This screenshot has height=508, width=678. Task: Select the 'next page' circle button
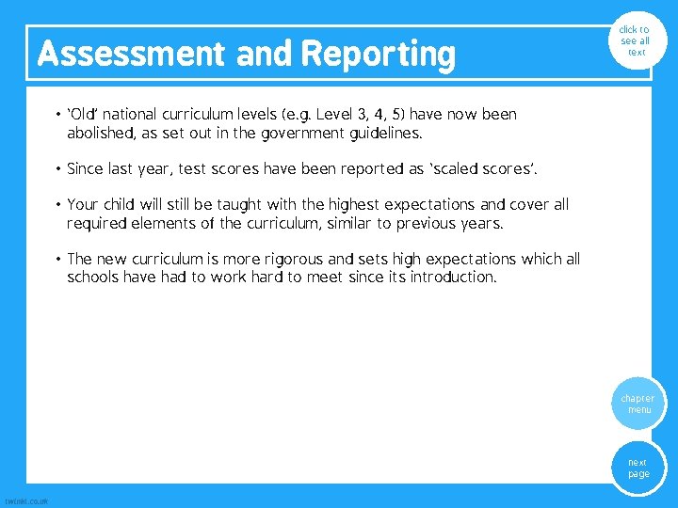point(638,468)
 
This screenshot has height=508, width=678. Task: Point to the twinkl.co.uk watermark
point(26,500)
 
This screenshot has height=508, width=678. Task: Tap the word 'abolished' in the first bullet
point(100,134)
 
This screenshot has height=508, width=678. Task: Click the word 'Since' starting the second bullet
point(86,169)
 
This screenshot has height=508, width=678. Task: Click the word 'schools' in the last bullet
point(95,278)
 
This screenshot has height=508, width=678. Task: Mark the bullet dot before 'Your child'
point(58,205)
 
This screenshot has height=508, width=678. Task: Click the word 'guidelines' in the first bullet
point(414,134)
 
